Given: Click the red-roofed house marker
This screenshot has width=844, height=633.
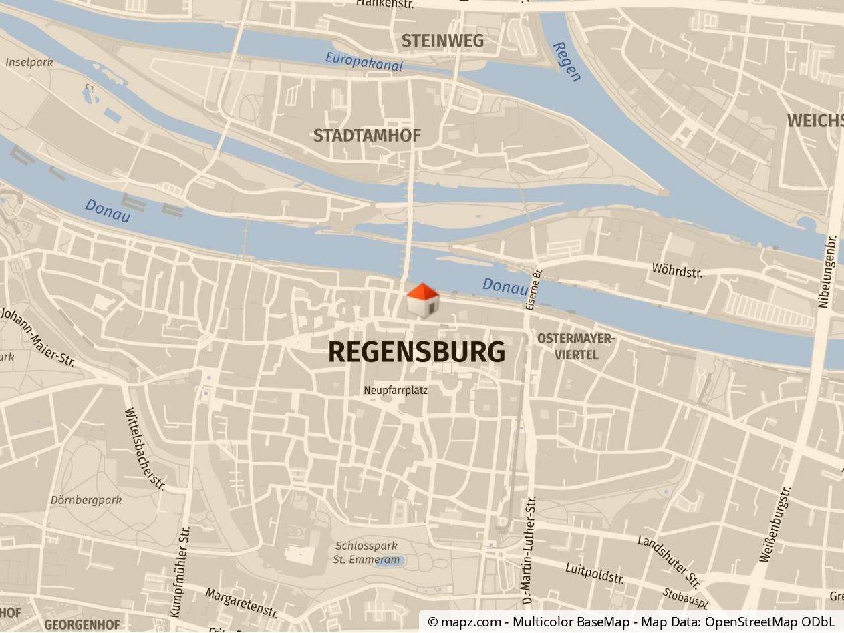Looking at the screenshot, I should pos(422,300).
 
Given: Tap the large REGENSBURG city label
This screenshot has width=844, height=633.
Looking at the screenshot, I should pos(416,352).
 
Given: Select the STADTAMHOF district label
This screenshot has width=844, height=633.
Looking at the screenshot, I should pos(367,136).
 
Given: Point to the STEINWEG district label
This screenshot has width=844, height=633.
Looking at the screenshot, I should pos(442,41).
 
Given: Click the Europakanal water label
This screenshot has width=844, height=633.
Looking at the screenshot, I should pos(364,61).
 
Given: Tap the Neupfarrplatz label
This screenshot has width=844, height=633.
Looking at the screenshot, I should pos(396,390).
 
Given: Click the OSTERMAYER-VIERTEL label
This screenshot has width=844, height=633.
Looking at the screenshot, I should pos(576,347).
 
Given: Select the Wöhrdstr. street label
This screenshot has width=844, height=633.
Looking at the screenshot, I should pos(677,270).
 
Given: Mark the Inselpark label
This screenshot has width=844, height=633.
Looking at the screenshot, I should pos(29,62).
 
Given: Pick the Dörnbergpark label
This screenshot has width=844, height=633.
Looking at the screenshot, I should pos(86,499).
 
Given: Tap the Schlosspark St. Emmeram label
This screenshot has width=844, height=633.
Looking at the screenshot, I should pos(366,553).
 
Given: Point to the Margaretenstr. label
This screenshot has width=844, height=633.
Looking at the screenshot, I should pos(241,603).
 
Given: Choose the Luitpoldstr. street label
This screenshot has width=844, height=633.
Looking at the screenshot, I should pos(595,574).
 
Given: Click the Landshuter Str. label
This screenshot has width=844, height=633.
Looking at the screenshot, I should pos(668,560).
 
